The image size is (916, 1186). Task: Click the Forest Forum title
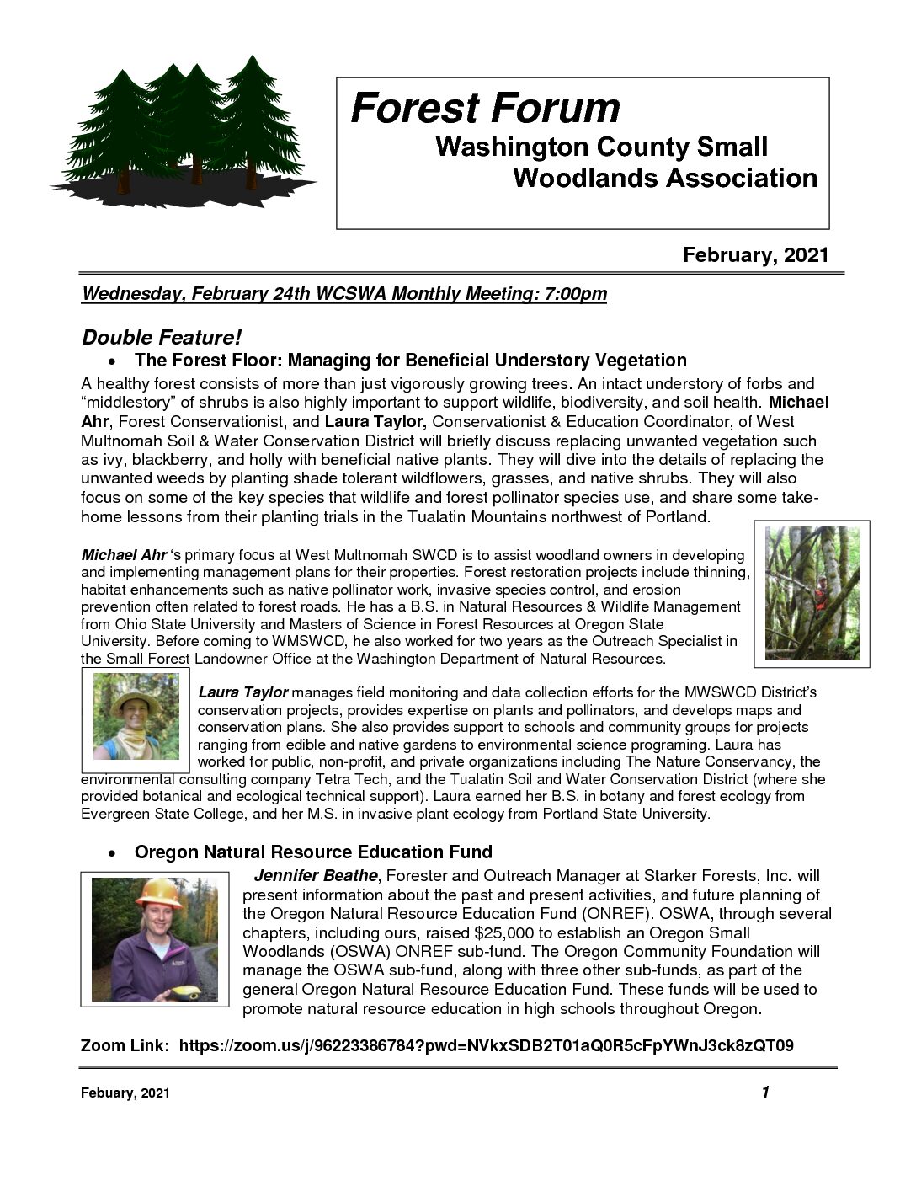click(x=485, y=109)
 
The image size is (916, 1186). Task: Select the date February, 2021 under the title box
click(x=755, y=255)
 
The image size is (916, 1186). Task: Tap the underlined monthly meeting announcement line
click(x=343, y=294)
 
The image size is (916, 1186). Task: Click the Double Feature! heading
click(x=162, y=338)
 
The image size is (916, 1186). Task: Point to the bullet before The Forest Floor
click(x=111, y=362)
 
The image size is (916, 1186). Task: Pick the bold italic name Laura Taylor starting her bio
click(x=242, y=692)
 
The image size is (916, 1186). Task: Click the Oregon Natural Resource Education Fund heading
click(x=313, y=852)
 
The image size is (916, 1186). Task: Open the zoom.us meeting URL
click(x=486, y=1045)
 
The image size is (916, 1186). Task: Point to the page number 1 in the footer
click(x=764, y=1093)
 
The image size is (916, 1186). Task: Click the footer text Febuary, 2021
click(x=125, y=1093)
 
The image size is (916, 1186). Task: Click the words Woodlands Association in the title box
click(x=664, y=179)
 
